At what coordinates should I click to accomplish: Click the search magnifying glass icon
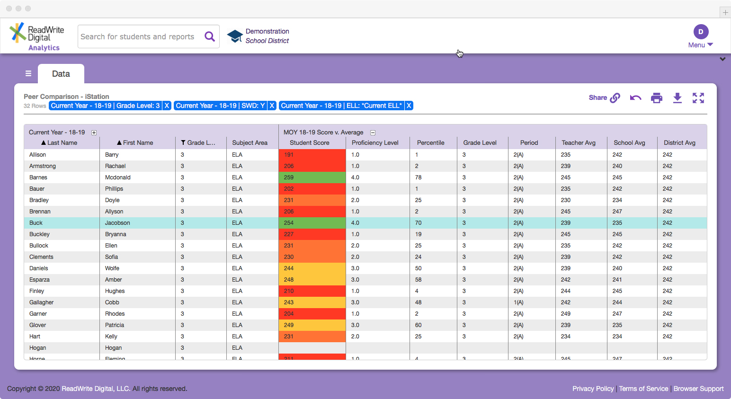(x=210, y=36)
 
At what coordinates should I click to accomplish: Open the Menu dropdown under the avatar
(x=700, y=45)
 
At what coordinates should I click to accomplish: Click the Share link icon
(x=615, y=98)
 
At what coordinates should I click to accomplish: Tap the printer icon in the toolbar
(x=656, y=98)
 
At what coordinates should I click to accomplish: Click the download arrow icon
(x=677, y=98)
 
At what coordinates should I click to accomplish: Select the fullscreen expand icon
(x=698, y=98)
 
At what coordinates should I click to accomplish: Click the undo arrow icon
(x=635, y=98)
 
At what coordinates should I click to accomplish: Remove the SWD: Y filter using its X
(x=272, y=106)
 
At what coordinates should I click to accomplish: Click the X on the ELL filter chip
(x=409, y=106)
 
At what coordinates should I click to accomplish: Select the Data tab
(x=61, y=74)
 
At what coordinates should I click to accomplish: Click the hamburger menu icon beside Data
(x=28, y=74)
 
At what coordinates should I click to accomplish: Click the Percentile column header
(x=430, y=143)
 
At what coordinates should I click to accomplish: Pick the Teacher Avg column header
(x=578, y=143)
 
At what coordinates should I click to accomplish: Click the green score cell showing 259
(x=312, y=177)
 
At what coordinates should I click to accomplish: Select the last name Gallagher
(x=42, y=302)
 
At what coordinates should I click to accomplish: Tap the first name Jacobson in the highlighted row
(x=117, y=223)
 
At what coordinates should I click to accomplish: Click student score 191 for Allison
(x=312, y=155)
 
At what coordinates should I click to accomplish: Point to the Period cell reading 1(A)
(x=518, y=302)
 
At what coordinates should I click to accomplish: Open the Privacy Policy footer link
(x=593, y=389)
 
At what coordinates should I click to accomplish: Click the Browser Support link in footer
(x=698, y=389)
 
